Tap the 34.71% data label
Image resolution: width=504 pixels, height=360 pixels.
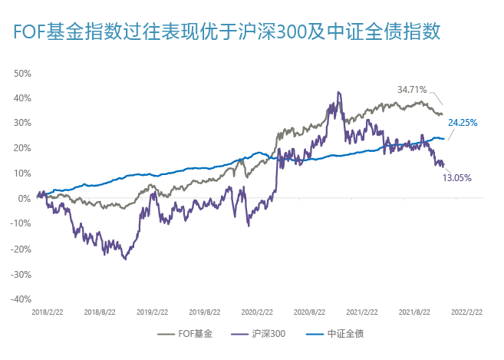pos(412,89)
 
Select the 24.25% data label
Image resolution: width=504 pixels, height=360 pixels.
pos(463,122)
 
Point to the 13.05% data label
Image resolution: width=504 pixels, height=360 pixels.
pos(456,177)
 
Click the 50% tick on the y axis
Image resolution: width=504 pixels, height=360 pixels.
pos(22,74)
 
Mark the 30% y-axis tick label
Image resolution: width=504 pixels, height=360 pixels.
pos(22,124)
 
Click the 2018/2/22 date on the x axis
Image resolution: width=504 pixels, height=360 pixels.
pos(48,312)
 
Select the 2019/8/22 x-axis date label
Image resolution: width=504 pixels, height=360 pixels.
pos(205,312)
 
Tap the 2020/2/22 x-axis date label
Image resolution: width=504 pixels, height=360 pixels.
pos(257,312)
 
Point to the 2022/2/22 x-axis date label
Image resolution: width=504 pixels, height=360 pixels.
pos(466,312)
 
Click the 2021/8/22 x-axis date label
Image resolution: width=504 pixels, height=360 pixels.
pos(414,312)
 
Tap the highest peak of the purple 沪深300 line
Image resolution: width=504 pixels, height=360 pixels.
pos(338,93)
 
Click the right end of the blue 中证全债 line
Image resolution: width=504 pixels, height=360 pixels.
pos(444,139)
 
